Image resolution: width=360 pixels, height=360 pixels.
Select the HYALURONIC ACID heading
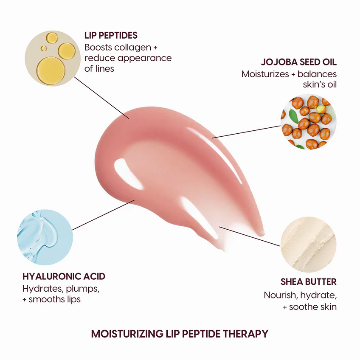click(64, 276)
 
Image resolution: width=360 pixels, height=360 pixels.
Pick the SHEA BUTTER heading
click(308, 282)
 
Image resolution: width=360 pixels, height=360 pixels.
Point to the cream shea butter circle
click(308, 245)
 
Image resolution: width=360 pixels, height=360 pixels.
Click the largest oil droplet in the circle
click(51, 69)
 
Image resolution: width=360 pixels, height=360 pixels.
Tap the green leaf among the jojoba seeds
click(293, 115)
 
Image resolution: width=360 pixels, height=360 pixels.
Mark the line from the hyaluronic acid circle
click(104, 214)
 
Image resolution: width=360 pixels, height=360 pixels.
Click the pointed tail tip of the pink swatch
click(262, 233)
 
